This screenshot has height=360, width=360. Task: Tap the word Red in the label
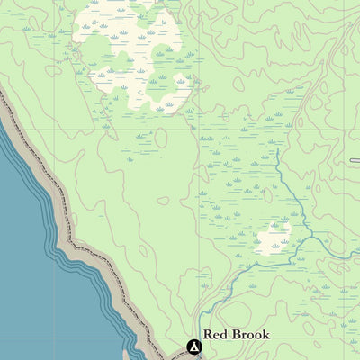(216, 334)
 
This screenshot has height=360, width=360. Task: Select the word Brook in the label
(250, 334)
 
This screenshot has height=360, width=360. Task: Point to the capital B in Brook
(237, 334)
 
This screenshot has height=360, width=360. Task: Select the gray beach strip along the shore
(90, 261)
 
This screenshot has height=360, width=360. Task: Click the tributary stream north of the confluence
(283, 189)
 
